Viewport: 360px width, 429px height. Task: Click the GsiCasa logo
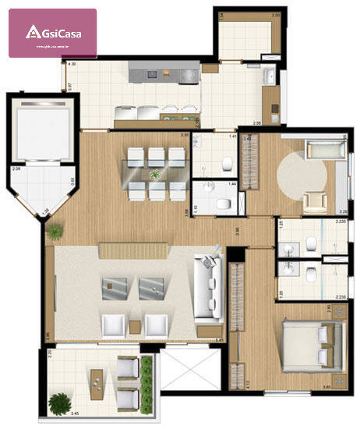(52, 33)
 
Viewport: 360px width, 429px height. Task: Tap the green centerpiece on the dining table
(155, 173)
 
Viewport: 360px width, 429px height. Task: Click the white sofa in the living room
(207, 289)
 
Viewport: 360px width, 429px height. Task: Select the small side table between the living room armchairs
(136, 325)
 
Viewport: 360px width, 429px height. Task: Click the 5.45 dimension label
(221, 341)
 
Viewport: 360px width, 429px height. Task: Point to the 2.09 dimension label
(16, 169)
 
